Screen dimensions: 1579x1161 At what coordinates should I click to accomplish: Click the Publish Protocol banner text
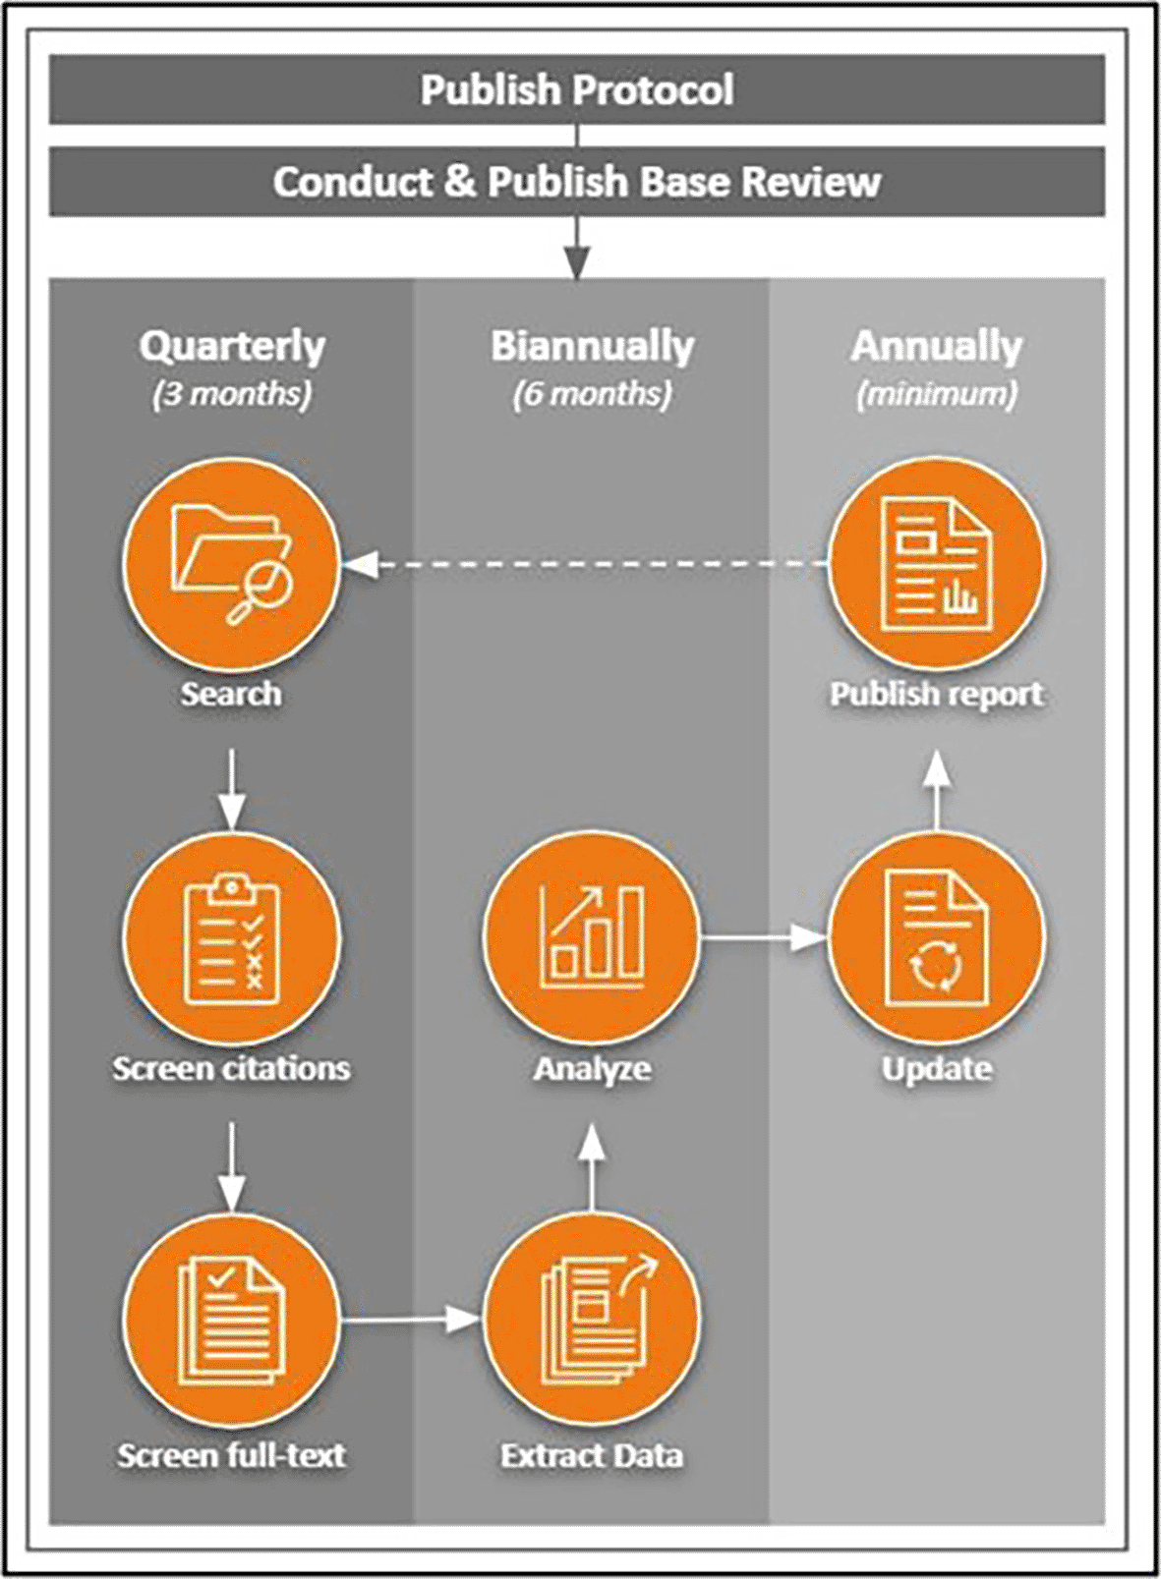point(577,89)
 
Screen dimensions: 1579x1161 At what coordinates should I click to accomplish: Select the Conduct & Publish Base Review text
point(577,182)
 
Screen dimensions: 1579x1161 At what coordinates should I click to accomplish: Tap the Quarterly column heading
point(232,346)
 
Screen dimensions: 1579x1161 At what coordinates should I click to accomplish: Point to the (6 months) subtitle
point(592,394)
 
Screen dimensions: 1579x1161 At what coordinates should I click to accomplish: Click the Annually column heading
point(937,346)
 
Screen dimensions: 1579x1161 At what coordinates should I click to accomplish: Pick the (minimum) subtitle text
point(937,394)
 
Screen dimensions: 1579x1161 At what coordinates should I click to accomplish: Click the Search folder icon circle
point(232,564)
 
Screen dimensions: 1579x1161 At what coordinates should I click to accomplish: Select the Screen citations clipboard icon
point(232,939)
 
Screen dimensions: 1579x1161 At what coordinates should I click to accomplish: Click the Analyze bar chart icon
point(592,939)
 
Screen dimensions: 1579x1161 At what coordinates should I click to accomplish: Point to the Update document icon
point(937,939)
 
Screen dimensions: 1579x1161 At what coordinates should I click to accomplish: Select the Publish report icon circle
point(937,564)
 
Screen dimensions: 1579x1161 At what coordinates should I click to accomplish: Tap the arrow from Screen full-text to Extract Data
point(411,1319)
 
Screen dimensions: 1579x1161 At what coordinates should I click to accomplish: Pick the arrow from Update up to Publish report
point(938,791)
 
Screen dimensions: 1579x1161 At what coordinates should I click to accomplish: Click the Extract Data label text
point(592,1455)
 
